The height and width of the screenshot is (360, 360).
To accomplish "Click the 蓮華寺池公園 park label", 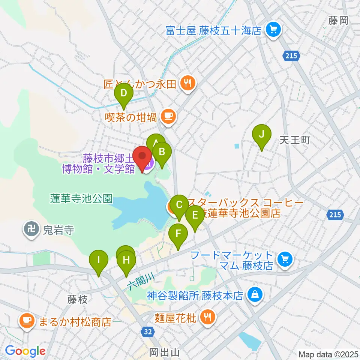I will click(81, 199).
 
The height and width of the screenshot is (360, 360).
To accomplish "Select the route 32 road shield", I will click(148, 331).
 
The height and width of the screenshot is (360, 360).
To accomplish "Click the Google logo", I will click(25, 351).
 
